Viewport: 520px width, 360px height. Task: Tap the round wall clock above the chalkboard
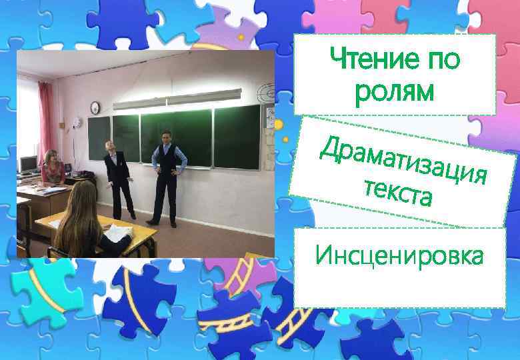tap(95, 107)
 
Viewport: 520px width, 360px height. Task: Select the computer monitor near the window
tap(28, 164)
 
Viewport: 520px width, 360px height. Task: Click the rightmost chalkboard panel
tap(237, 137)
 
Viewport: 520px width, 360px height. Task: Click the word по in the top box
tap(441, 61)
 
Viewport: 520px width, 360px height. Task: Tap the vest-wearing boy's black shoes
tap(161, 223)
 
